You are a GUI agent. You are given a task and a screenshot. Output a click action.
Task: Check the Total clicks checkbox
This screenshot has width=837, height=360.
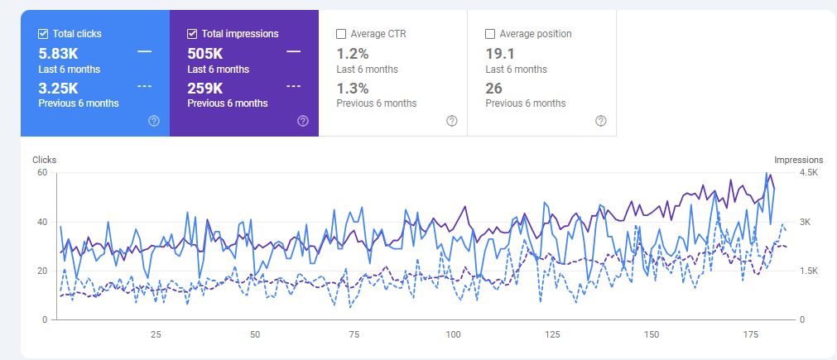point(43,34)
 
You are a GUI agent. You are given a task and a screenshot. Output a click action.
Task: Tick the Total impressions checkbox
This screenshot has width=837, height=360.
point(192,34)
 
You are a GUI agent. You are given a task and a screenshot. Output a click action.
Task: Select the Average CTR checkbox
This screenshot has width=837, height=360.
point(341,34)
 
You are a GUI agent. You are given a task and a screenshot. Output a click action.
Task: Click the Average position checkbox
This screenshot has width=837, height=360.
point(490,34)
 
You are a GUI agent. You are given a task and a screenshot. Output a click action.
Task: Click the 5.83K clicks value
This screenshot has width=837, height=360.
point(60,53)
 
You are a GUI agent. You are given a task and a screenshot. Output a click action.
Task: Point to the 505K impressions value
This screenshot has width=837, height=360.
point(206,53)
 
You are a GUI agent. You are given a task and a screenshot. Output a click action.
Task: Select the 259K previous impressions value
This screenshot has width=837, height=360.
point(206,88)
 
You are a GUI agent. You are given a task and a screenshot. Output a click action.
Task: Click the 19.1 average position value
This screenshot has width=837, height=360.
point(499,53)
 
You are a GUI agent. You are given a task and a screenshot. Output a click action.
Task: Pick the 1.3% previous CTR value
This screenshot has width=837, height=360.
point(352,88)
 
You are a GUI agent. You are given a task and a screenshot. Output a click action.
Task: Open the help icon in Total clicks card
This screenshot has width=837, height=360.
point(153,121)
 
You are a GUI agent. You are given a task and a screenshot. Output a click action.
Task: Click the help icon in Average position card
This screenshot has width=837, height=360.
point(600,121)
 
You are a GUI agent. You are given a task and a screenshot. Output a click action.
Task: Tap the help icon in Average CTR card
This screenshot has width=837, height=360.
point(451,121)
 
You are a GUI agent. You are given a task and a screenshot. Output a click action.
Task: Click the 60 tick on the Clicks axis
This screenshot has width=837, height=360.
point(41,173)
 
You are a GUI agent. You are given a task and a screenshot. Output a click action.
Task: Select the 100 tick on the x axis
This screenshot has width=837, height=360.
point(453,335)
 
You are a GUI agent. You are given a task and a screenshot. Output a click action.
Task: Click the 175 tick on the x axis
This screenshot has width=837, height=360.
point(751,335)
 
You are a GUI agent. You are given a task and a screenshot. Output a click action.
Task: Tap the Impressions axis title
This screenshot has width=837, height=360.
point(798,160)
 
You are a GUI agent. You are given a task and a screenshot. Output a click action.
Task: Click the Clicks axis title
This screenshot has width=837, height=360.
point(44,160)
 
